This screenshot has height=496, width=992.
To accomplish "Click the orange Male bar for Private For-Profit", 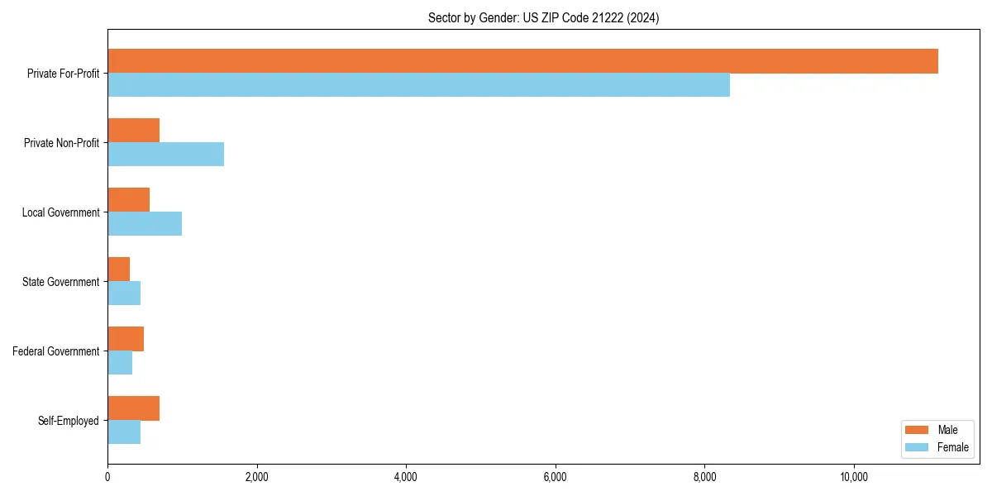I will point(522,61).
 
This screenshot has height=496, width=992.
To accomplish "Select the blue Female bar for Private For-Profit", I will point(418,85).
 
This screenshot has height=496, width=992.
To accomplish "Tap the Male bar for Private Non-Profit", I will point(133,131).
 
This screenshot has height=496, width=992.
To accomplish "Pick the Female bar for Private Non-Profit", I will point(165,155).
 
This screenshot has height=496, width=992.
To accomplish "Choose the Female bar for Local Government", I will point(145,224).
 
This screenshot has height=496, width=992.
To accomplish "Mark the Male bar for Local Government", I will point(128,200).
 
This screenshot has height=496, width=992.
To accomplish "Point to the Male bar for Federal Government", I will point(126,339).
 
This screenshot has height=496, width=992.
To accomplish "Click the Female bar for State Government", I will point(124,293).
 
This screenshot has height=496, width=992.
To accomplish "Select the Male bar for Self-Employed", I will point(133,408).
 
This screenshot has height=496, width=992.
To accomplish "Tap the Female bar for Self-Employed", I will point(124,432).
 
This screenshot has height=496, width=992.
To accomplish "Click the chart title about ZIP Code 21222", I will point(543,17).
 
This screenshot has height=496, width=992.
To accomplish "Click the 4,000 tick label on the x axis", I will point(406,477).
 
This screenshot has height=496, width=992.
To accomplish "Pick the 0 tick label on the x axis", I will point(107,477).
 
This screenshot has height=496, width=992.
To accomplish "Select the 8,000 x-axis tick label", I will point(704,477).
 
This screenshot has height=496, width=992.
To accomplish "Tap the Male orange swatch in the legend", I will point(918,430).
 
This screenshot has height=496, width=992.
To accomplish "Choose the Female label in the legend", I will point(952,447).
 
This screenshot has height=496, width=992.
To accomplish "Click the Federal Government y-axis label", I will point(56,351).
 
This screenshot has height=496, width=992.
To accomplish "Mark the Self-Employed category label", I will point(69,421).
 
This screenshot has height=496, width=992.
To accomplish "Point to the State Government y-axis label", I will point(61,282).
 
